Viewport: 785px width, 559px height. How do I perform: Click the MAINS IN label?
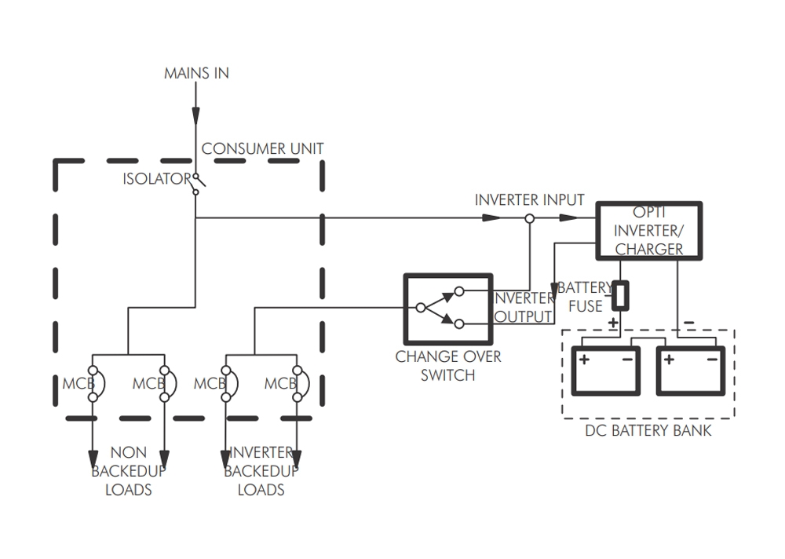(196, 73)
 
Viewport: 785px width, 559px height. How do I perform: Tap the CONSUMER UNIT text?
(262, 148)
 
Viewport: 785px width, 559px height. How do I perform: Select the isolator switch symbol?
(195, 182)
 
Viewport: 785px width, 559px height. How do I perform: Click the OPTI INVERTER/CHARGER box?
(648, 231)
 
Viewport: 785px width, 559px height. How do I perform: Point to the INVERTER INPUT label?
(529, 199)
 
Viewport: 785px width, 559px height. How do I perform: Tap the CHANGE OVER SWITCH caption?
(447, 366)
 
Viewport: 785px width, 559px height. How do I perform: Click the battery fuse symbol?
(620, 295)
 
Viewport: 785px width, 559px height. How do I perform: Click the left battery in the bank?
(605, 371)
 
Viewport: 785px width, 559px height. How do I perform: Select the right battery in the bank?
(690, 371)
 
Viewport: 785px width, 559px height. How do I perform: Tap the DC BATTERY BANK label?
(648, 430)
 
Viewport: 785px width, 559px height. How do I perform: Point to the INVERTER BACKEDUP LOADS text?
(261, 471)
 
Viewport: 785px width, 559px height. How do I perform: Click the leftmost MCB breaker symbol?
(93, 384)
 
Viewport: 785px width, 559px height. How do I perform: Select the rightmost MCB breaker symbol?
(297, 384)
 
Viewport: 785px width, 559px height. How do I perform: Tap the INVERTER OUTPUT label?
(524, 308)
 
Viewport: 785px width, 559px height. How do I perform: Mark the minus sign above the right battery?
(689, 322)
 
